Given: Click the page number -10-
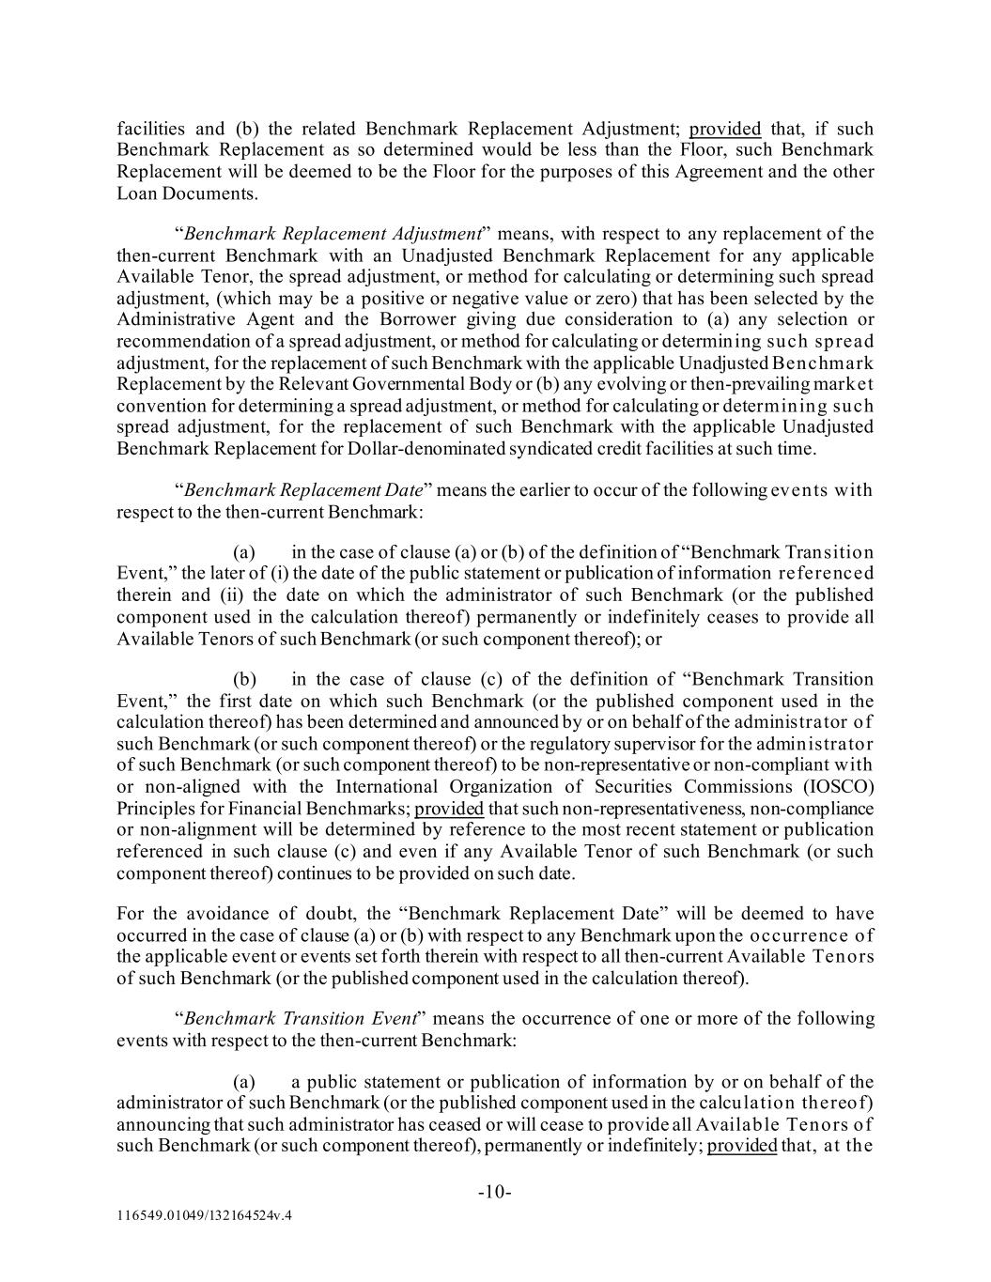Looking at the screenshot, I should pyautogui.click(x=495, y=1193).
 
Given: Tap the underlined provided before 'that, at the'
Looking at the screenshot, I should pyautogui.click(x=742, y=1146).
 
